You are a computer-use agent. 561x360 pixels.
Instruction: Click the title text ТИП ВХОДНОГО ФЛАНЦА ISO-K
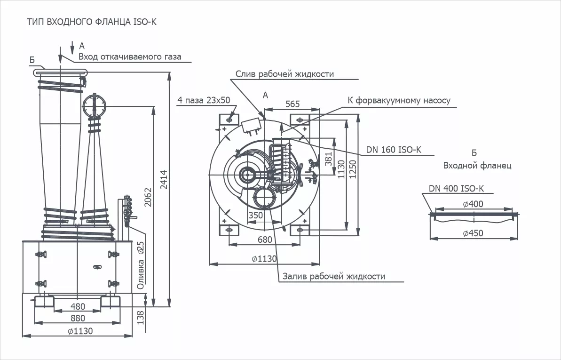[91, 22]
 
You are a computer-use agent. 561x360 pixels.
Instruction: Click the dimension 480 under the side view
[78, 307]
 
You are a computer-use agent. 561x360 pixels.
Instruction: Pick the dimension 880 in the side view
[78, 318]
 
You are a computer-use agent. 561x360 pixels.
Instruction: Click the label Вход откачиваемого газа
[129, 57]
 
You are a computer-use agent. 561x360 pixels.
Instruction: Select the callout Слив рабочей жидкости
[284, 74]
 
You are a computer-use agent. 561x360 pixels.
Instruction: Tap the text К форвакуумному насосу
[399, 100]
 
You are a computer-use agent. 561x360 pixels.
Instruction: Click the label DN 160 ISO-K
[393, 150]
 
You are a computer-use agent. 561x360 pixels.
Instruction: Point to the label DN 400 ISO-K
[456, 189]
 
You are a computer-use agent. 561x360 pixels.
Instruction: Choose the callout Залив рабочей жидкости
[333, 276]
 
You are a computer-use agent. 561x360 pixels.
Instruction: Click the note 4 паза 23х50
[204, 100]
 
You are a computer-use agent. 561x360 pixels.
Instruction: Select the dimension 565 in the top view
[292, 104]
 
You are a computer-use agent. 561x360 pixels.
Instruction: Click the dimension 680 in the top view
[265, 240]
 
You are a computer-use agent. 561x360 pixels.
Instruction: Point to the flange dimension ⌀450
[473, 233]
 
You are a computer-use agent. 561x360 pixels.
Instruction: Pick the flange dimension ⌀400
[473, 204]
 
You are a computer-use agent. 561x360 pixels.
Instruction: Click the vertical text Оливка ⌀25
[140, 266]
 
